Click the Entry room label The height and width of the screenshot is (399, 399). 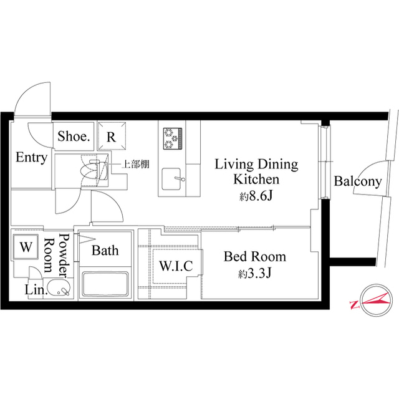click(31, 158)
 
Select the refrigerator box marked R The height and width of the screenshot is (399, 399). click(110, 137)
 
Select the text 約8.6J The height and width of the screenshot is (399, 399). click(256, 196)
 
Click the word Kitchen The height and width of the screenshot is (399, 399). click(256, 180)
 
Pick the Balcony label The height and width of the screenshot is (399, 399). click(357, 181)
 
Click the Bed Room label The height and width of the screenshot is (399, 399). click(255, 256)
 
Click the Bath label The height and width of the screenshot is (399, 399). click(105, 251)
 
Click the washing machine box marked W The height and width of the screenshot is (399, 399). click(26, 246)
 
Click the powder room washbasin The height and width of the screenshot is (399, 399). click(60, 288)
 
